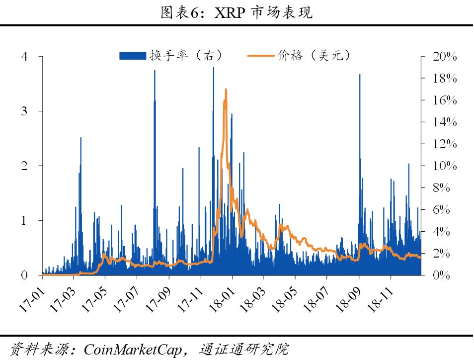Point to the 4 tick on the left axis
(x=24, y=57)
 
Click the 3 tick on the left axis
(x=24, y=111)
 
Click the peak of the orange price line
(x=226, y=90)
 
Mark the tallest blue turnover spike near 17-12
(x=214, y=68)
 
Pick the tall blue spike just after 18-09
(x=360, y=75)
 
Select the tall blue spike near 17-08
(x=155, y=71)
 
